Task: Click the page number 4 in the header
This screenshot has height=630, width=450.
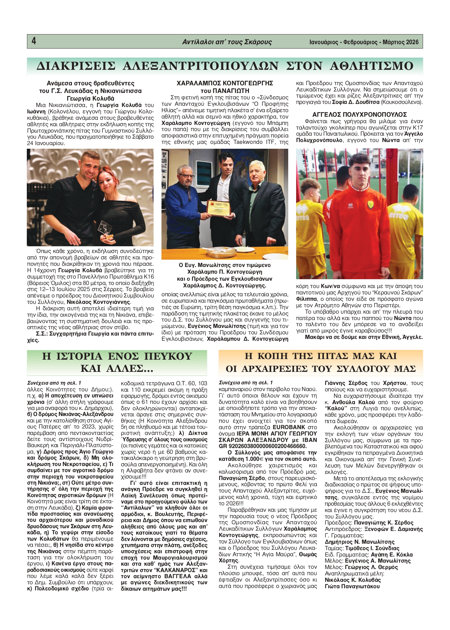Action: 34,41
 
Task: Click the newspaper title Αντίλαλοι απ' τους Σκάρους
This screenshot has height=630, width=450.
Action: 227,42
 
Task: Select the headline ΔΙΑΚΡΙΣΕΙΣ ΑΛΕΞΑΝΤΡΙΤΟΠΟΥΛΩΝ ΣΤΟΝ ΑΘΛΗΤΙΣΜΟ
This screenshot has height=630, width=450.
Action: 225,66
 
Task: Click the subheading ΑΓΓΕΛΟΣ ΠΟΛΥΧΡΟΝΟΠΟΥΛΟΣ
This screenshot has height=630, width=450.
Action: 360,115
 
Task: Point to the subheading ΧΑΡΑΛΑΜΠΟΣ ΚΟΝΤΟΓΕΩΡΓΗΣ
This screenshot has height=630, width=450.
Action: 225,83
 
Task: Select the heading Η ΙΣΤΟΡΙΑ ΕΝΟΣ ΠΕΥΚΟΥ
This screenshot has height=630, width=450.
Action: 117,356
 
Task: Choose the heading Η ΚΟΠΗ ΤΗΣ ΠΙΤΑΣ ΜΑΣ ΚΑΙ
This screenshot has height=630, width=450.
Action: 321,356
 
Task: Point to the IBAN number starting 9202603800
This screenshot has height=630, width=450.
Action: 265,446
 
